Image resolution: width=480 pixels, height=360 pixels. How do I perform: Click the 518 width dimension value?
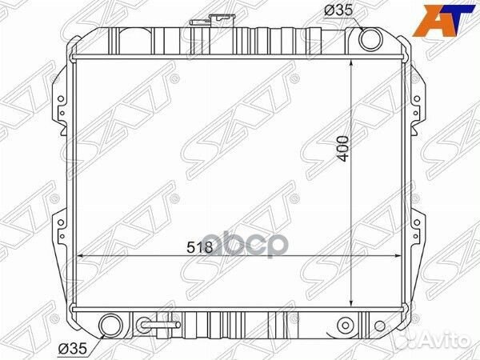coord(199,246)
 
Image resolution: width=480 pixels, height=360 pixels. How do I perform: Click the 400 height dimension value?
coord(343,149)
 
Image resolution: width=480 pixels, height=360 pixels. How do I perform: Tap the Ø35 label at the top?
coord(338,11)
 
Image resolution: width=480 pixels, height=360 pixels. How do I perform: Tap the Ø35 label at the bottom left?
coord(73,349)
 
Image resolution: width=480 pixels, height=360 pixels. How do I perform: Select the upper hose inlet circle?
coord(370,39)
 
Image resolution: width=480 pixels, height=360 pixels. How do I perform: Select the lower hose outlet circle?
coord(111,326)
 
